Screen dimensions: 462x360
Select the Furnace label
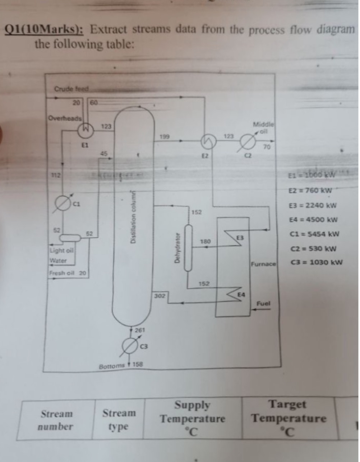(x=263, y=264)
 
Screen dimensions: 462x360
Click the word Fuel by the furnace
(x=263, y=303)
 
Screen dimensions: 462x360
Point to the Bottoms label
(x=111, y=366)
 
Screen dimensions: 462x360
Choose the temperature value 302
(x=160, y=296)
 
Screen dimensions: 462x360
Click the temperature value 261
(x=140, y=330)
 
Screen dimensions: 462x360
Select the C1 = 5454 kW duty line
(x=314, y=234)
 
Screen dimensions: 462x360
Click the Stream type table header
(x=119, y=419)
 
